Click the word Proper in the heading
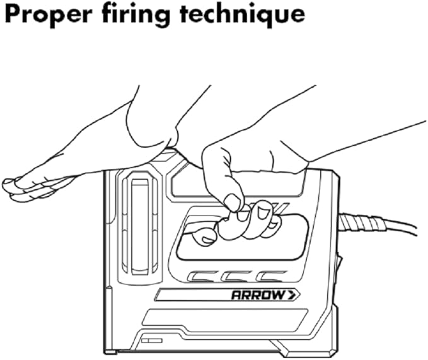pos(49,16)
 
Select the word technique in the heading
pos(242,15)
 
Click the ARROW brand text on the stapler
pos(257,295)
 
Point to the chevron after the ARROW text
pos(294,295)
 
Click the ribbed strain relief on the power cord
pos(362,223)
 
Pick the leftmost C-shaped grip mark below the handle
pos(203,277)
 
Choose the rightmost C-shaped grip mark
pos(271,277)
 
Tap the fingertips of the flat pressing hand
pos(11,189)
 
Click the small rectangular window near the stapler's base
pos(151,340)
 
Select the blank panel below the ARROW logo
pos(224,317)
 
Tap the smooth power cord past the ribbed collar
pos(402,226)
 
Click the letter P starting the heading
pos(13,15)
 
